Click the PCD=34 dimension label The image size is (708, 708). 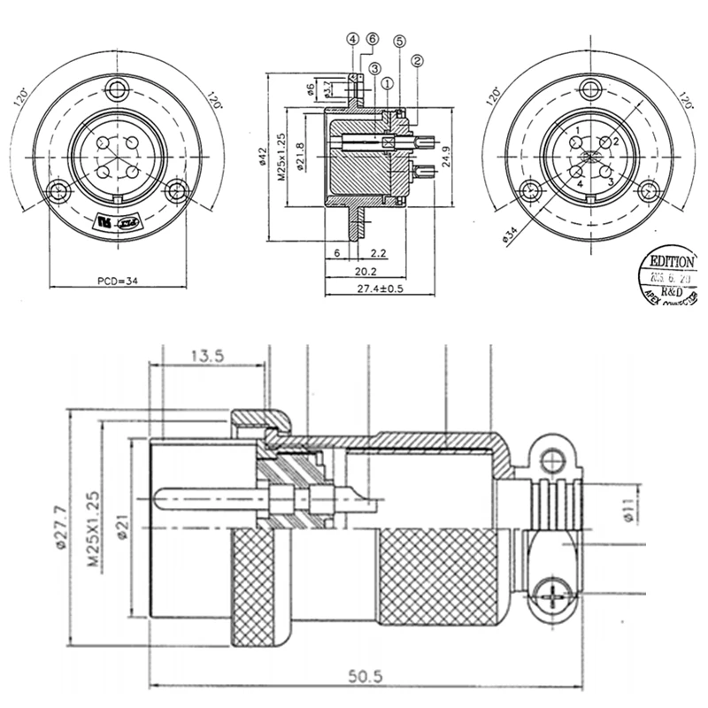(117, 281)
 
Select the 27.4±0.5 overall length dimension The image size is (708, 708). (384, 289)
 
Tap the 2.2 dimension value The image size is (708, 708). (378, 253)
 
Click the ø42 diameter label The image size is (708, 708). (263, 156)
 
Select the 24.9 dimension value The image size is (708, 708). (449, 157)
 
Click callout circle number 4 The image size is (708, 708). (352, 40)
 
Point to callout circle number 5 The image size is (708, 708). (399, 42)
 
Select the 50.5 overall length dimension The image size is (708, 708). (364, 677)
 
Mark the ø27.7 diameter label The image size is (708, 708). (60, 527)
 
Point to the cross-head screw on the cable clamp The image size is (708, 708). (556, 592)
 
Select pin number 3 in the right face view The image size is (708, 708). (610, 180)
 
